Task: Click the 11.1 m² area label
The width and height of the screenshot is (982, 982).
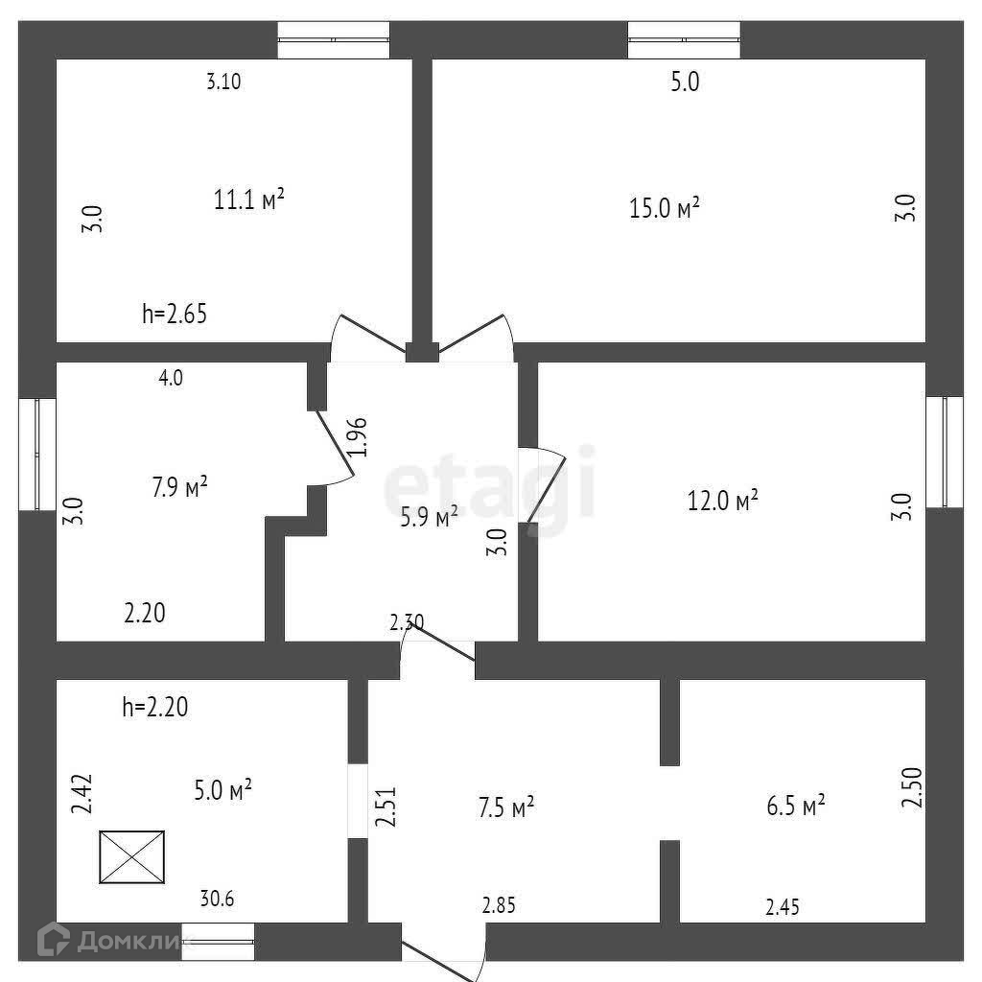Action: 248,200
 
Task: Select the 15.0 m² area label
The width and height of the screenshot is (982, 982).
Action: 664,208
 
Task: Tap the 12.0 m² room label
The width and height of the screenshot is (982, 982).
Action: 724,500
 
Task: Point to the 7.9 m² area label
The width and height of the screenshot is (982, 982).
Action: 180,487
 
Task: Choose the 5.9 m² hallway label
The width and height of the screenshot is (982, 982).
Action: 429,518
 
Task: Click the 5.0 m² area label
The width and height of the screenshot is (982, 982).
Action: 222,790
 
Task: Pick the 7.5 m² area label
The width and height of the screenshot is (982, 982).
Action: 504,807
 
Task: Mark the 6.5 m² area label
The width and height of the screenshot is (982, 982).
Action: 796,806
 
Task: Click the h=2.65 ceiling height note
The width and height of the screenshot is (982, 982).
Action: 175,313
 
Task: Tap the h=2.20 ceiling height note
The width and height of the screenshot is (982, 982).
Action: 155,708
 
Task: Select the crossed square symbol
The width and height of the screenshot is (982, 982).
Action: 131,856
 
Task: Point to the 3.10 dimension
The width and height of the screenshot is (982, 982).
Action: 223,82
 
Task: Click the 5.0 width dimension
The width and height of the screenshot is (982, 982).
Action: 685,82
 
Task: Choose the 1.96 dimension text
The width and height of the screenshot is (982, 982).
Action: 357,436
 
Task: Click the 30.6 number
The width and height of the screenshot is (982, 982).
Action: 218,900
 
